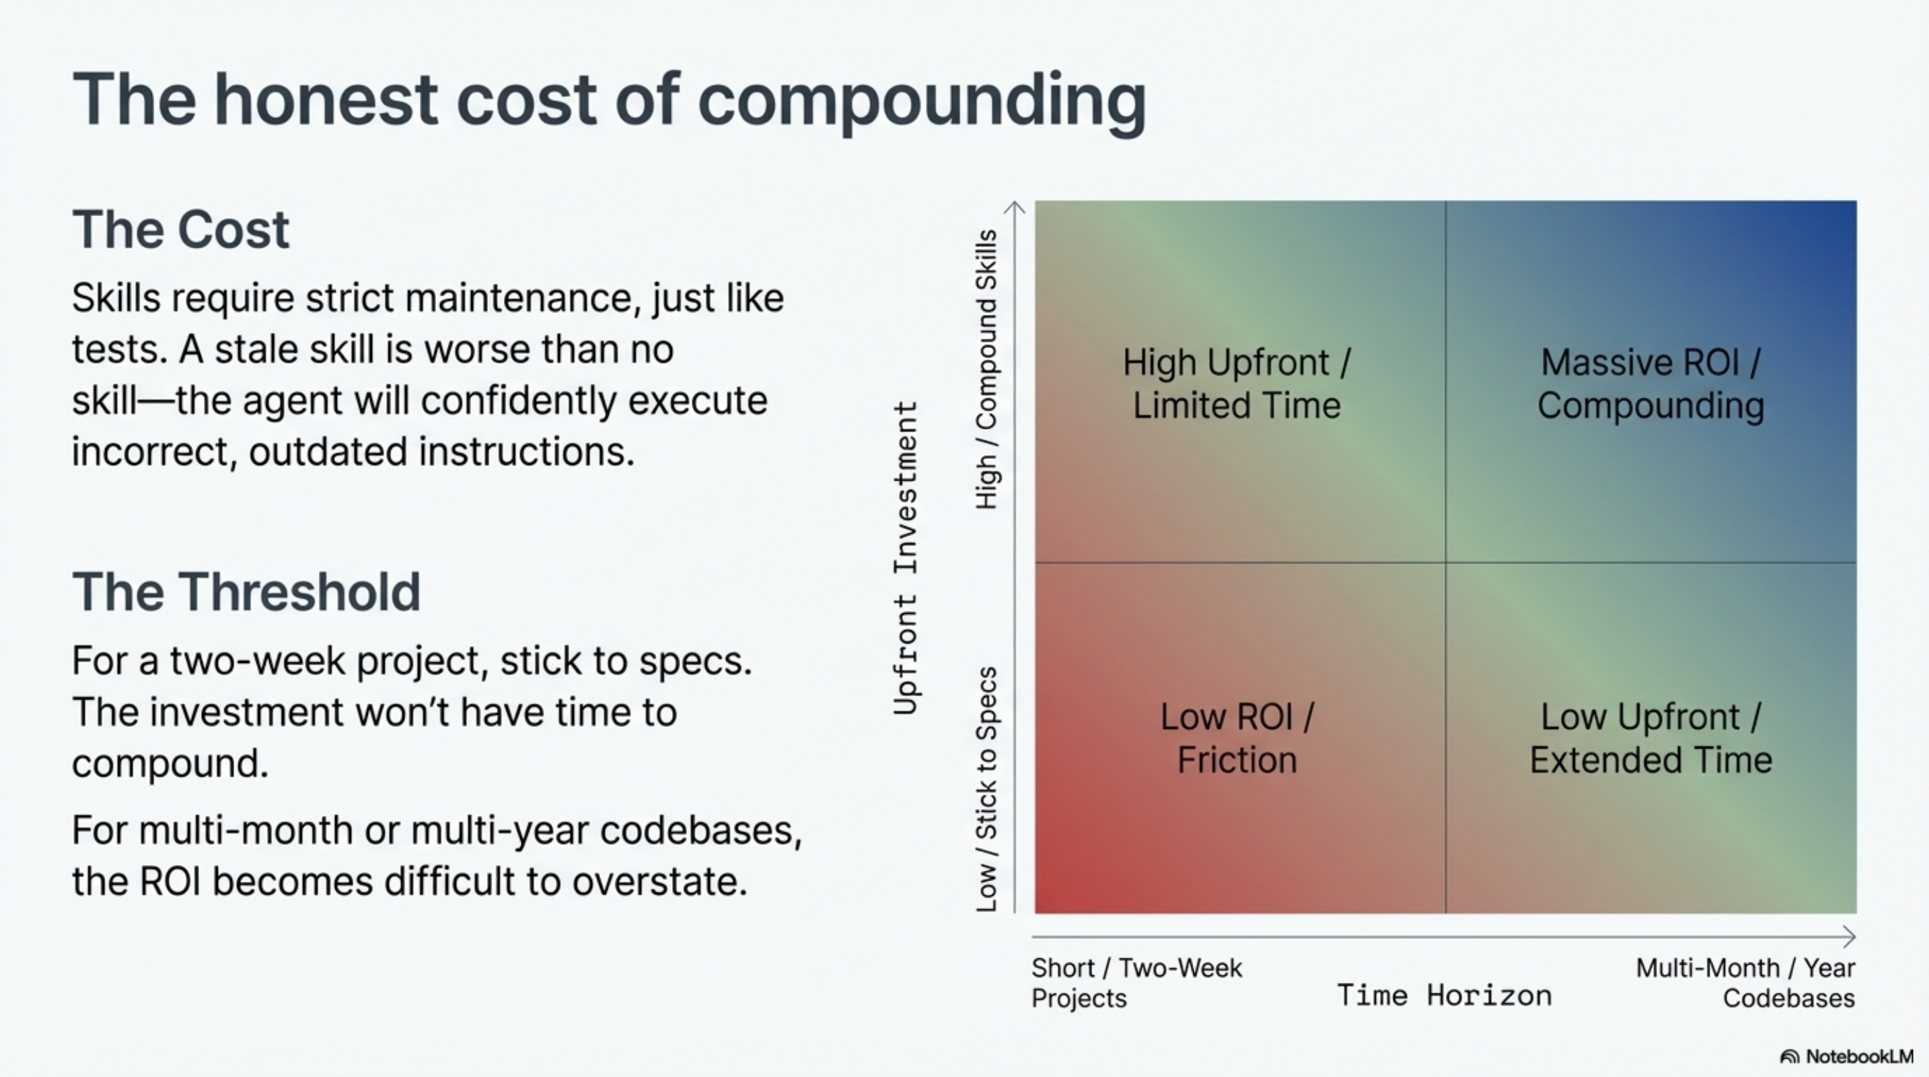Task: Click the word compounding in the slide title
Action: click(x=921, y=101)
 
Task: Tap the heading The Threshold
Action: click(x=246, y=592)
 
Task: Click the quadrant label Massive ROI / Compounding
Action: click(x=1650, y=384)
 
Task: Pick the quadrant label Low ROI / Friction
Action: click(x=1237, y=738)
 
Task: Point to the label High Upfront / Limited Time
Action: click(x=1237, y=384)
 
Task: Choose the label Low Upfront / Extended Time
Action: click(x=1650, y=738)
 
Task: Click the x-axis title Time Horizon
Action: click(x=1444, y=996)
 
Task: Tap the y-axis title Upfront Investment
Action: click(x=906, y=558)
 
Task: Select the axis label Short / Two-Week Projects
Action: click(x=1136, y=983)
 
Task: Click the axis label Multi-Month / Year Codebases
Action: click(x=1745, y=983)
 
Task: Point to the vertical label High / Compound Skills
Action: click(x=987, y=370)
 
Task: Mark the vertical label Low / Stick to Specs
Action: click(x=987, y=789)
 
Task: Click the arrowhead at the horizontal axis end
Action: click(x=1850, y=936)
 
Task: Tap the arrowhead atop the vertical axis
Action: click(x=1015, y=206)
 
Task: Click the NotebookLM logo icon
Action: click(x=1789, y=1057)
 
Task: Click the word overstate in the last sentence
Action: click(x=660, y=882)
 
